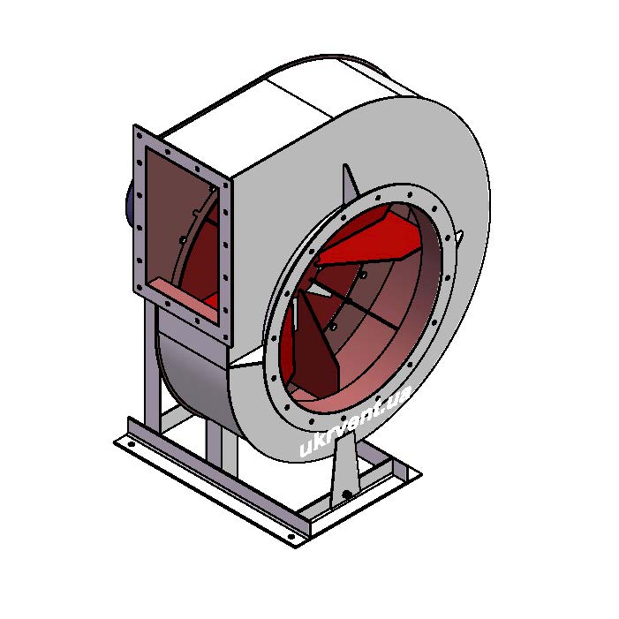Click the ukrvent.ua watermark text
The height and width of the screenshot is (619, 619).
click(x=355, y=420)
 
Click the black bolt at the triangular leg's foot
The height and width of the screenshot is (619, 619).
click(x=346, y=494)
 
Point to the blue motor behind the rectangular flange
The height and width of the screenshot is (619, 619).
click(x=129, y=205)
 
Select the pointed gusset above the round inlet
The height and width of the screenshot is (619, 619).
click(x=350, y=184)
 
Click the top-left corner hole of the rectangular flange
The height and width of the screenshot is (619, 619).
click(x=139, y=135)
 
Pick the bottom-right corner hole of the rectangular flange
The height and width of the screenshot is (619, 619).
click(x=225, y=336)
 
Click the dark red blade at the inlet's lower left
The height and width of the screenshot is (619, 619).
click(x=313, y=347)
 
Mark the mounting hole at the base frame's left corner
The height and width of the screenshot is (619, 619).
click(x=131, y=444)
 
